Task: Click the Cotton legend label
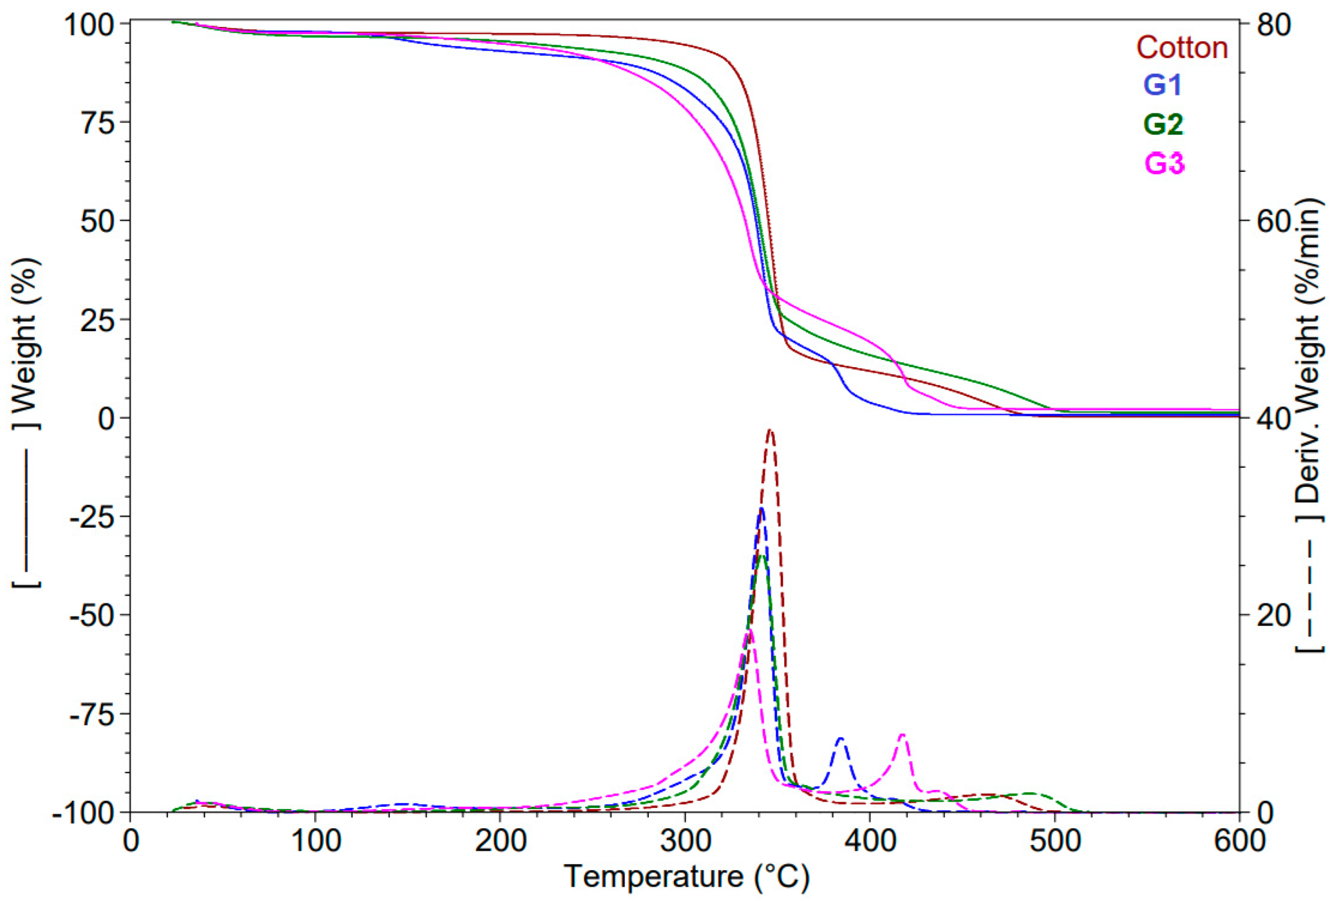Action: point(1181,47)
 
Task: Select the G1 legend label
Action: point(1162,85)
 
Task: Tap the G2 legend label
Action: point(1162,124)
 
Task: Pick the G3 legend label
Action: point(1163,164)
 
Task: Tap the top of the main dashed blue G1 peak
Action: point(762,509)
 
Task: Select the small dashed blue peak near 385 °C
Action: point(840,739)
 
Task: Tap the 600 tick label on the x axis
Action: point(1239,841)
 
